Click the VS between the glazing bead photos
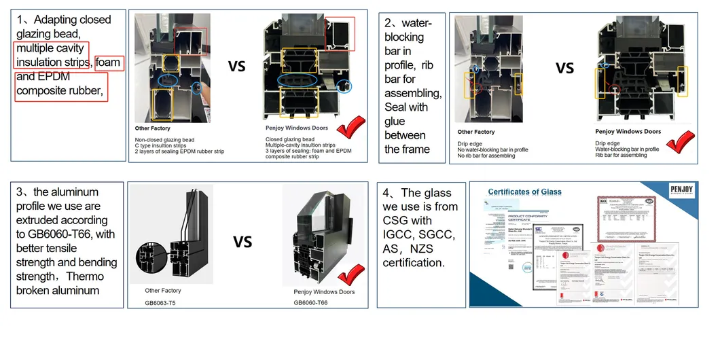(236, 67)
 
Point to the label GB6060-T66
(306, 303)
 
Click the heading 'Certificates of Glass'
(524, 192)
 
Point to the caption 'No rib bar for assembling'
(486, 156)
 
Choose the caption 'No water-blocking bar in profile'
(493, 149)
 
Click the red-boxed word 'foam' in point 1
(108, 62)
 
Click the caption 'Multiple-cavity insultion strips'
(300, 145)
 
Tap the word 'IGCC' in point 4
(398, 234)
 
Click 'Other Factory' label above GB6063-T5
(163, 291)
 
